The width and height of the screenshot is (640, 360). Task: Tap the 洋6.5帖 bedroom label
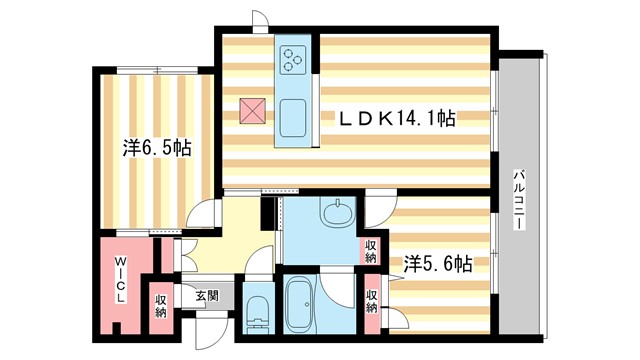click(x=157, y=148)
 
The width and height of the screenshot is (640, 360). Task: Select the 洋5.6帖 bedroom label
click(x=437, y=265)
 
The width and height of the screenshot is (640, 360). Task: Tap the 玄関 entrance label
click(x=207, y=296)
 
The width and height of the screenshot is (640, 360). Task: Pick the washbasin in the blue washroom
click(x=338, y=214)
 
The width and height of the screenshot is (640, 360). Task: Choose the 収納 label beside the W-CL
click(x=160, y=304)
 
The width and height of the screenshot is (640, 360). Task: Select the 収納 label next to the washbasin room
click(x=371, y=250)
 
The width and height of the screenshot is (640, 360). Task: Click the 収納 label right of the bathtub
click(x=371, y=301)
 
